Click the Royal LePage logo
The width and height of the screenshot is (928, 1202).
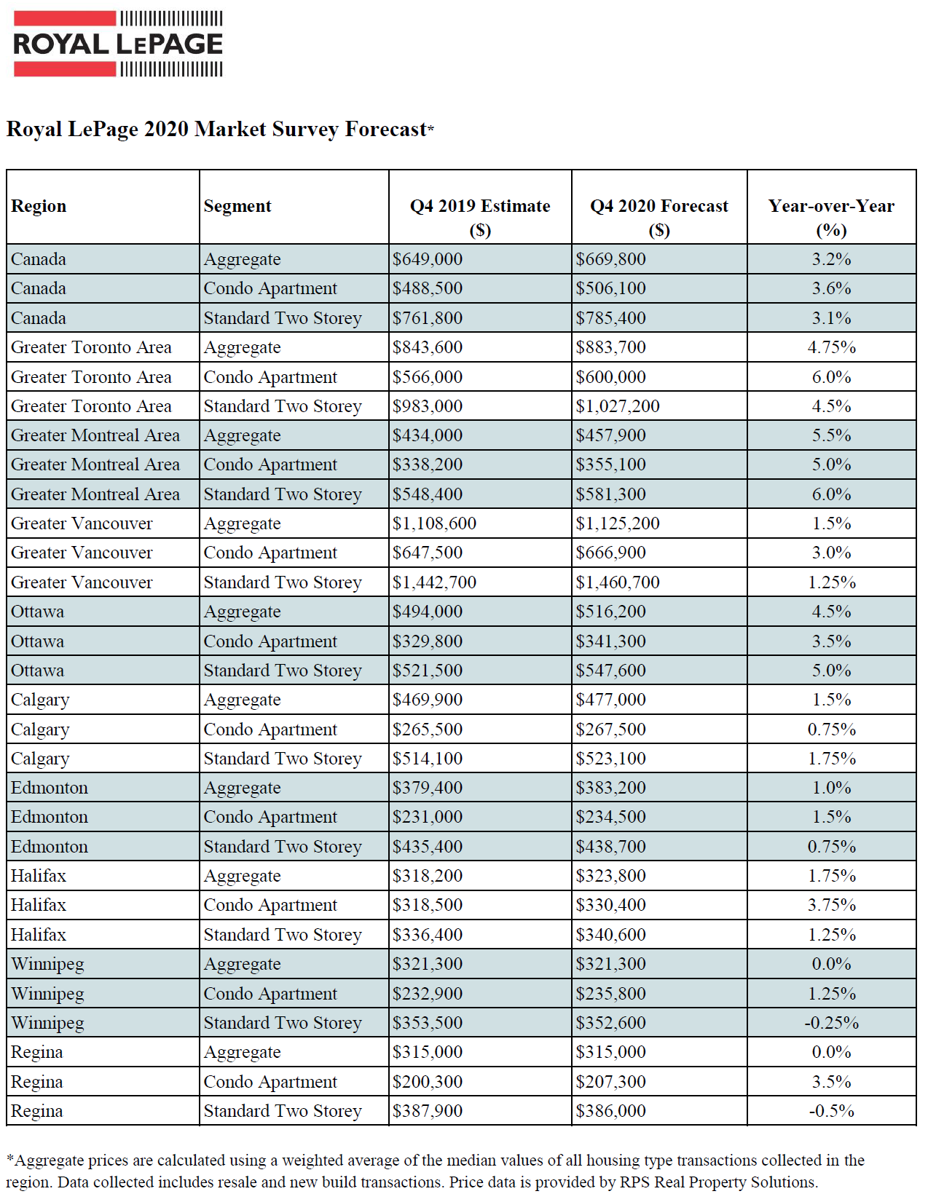point(118,44)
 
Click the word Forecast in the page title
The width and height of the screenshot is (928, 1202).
point(386,130)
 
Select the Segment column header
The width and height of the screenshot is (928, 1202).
point(237,206)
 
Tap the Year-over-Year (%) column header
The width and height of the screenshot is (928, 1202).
point(831,218)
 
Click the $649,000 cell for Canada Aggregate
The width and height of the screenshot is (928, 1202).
point(427,259)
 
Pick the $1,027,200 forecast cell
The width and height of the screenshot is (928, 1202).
point(618,406)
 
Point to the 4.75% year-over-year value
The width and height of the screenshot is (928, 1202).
point(831,347)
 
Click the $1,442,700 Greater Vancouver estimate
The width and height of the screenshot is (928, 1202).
point(434,582)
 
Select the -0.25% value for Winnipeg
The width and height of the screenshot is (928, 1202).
point(831,1023)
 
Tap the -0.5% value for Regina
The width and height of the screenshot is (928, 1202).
point(831,1111)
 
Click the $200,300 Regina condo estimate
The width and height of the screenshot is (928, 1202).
point(427,1081)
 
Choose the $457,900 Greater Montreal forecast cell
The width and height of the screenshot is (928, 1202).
point(610,435)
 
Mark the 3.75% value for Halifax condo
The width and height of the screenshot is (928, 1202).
point(831,905)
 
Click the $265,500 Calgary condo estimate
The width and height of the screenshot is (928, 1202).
point(427,729)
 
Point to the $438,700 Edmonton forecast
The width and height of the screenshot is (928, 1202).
point(610,846)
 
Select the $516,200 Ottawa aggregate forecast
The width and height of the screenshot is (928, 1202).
point(610,612)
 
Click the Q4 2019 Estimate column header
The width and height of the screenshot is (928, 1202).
point(480,218)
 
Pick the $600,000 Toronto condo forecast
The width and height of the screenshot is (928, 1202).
point(610,377)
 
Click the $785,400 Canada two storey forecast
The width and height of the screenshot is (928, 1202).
point(610,318)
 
